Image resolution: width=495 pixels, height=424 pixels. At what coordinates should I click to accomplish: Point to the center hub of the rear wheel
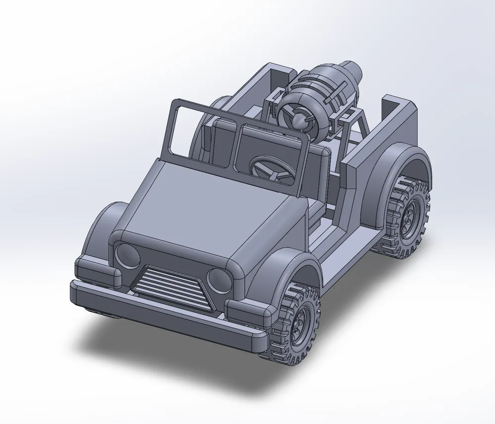point(410,216)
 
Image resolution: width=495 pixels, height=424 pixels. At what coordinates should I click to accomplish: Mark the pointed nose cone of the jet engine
point(299,118)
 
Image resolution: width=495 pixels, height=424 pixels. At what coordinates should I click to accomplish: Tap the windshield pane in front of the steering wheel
point(270,153)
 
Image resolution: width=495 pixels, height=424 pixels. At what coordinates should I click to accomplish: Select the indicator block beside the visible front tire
point(247,312)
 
